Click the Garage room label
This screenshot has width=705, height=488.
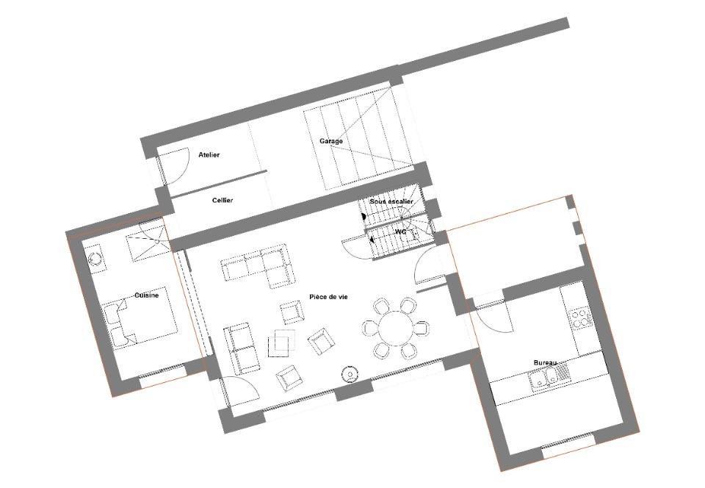coord(331,141)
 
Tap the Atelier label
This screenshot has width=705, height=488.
coord(209,155)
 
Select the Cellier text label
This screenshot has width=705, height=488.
coord(223,200)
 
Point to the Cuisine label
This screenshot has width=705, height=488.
coord(147,295)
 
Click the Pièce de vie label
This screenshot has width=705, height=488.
coord(328,297)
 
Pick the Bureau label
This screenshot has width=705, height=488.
coord(545,362)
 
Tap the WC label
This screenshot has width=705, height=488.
coord(400,232)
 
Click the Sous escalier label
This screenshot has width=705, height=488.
coord(391,201)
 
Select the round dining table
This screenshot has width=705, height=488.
coord(395,329)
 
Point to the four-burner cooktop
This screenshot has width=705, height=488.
coord(580,317)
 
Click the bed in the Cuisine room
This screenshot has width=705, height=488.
coord(140,318)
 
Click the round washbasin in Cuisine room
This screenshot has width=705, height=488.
coord(95,259)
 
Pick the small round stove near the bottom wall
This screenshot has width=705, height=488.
coord(350,374)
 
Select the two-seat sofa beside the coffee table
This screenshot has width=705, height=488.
coord(241,348)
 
